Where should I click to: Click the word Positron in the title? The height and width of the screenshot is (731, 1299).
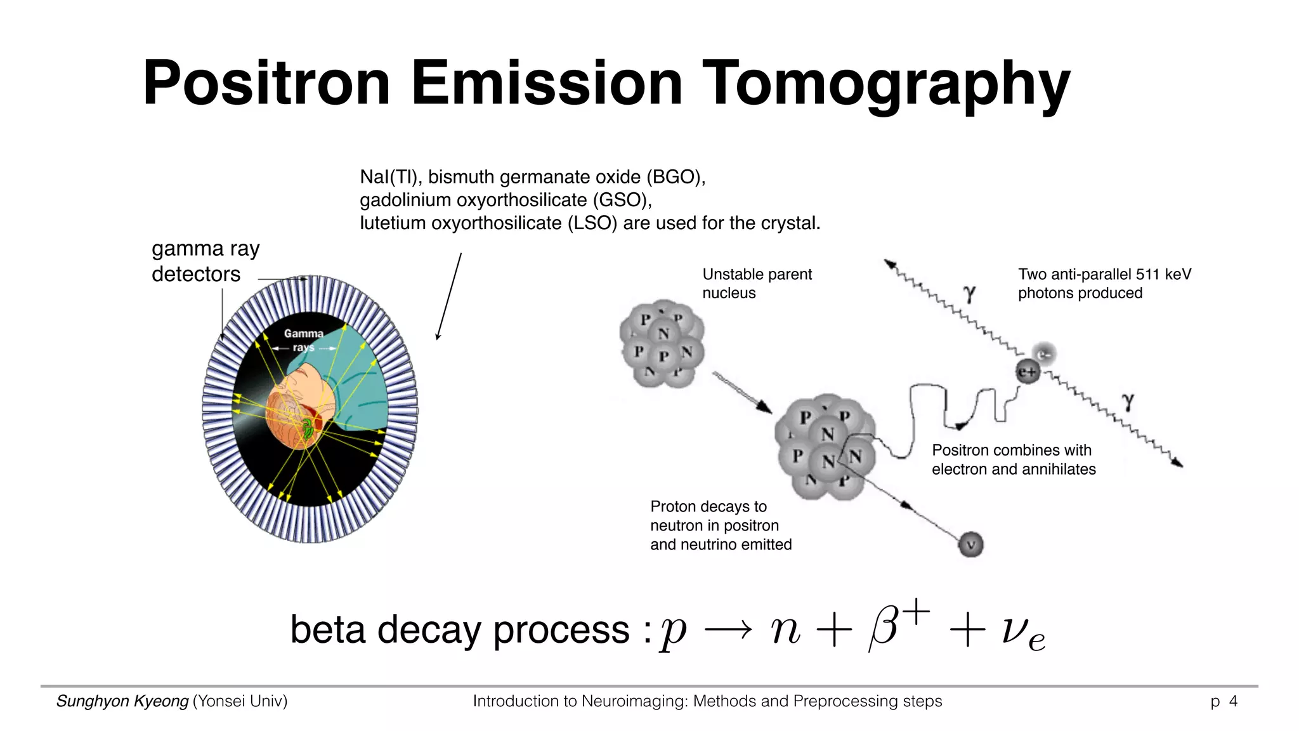point(266,83)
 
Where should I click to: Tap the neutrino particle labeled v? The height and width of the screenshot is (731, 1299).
point(970,544)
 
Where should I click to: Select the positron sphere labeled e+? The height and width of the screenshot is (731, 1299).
point(1028,372)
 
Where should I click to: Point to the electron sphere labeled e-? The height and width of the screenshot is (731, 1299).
point(1044,353)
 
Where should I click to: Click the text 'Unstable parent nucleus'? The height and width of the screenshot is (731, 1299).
point(757,284)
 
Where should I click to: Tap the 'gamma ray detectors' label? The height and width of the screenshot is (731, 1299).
point(205,261)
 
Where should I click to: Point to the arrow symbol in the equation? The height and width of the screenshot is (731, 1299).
point(728,630)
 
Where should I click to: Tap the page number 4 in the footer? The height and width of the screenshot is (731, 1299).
point(1233,701)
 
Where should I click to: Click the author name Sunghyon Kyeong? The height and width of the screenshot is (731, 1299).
point(122,701)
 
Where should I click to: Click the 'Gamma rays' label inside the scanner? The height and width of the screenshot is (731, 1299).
point(303,340)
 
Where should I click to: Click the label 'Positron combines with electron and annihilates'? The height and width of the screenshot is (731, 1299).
point(1014,459)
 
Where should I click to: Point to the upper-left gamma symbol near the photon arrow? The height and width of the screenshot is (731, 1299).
point(969,294)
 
